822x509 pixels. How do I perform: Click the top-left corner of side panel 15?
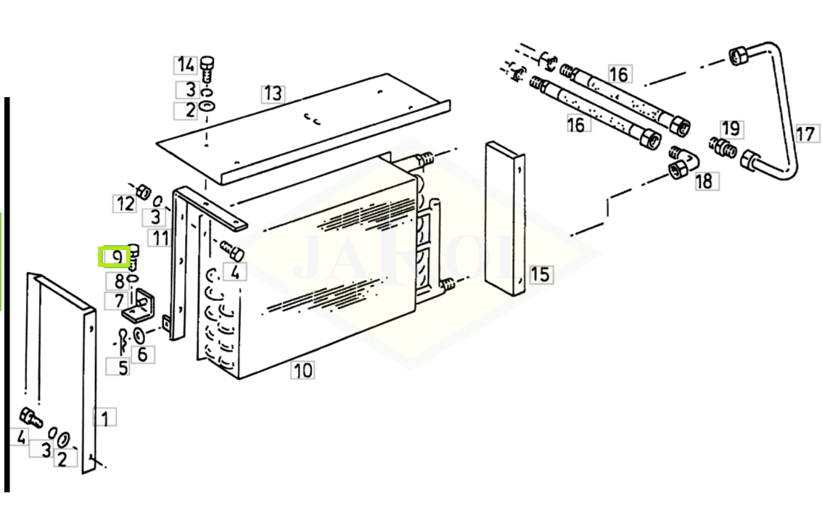[x=487, y=141]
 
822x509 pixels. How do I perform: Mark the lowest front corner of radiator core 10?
[x=239, y=378]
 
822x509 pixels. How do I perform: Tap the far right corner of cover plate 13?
[x=450, y=101]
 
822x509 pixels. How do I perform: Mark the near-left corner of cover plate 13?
[x=157, y=142]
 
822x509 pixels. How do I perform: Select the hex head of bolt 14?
[x=208, y=62]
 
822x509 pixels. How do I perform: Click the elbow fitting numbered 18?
[x=683, y=161]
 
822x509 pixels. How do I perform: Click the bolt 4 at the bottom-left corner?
[x=30, y=418]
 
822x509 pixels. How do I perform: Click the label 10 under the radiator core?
[x=303, y=371]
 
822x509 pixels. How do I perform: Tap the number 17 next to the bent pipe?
[x=806, y=133]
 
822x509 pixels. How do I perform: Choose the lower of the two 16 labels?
[x=576, y=125]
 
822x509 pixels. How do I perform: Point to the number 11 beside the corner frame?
[x=160, y=239]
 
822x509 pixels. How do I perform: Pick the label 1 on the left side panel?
[x=105, y=418]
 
